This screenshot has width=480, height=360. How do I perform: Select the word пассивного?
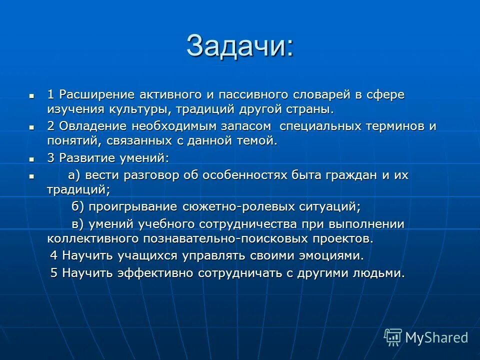[x=224, y=94]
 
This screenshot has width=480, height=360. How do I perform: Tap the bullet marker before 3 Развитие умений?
[x=31, y=159]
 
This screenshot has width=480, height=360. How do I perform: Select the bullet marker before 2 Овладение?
[x=31, y=127]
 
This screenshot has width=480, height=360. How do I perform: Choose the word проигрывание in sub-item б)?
[x=132, y=206]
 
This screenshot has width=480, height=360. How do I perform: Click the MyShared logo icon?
[x=392, y=337]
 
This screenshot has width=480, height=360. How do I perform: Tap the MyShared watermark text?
[x=436, y=338]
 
